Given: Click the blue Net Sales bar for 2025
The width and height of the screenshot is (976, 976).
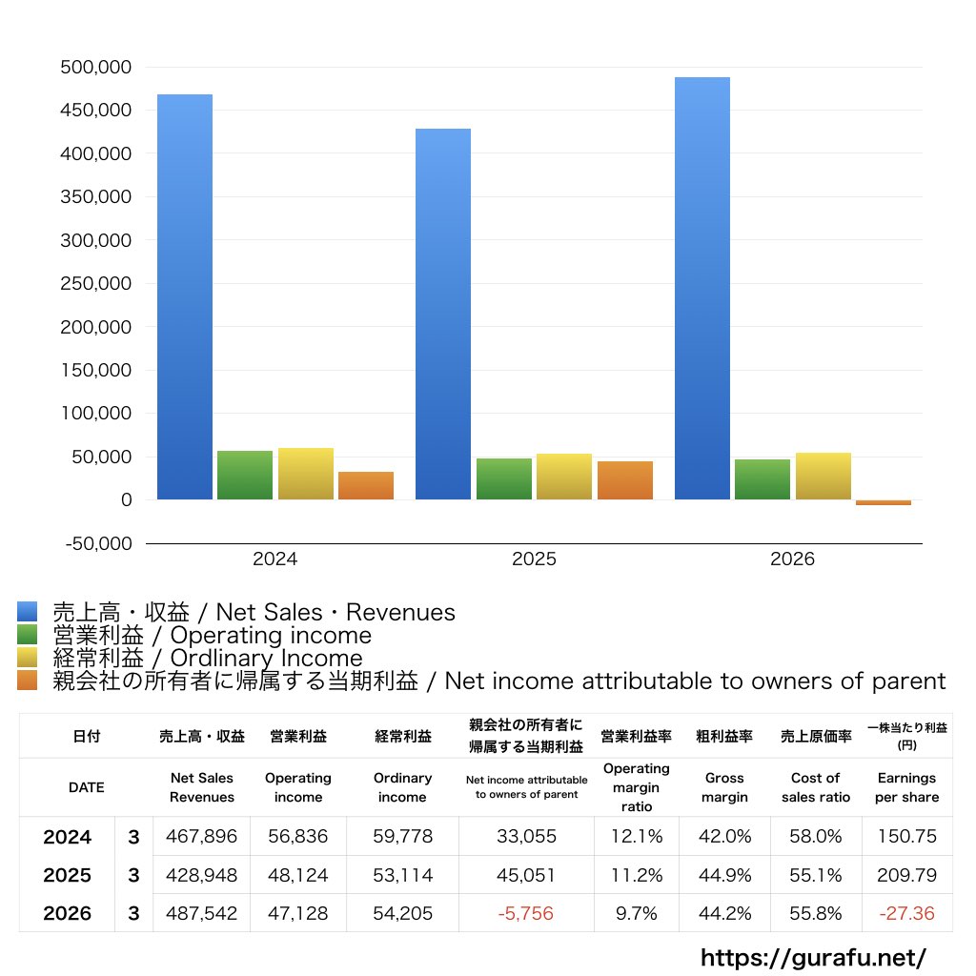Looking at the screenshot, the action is [443, 314].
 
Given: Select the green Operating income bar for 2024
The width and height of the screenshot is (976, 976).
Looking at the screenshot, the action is [245, 475].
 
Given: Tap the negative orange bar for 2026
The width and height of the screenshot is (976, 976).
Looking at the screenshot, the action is [884, 502].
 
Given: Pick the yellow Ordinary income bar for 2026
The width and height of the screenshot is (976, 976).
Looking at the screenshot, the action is [823, 477].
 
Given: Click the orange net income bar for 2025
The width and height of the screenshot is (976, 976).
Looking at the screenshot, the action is [625, 480].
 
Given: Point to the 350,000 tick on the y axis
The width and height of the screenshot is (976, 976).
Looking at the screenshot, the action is [96, 196].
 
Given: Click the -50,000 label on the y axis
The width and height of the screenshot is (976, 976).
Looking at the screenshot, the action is [98, 543].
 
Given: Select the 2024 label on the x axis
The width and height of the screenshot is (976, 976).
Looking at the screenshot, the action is [274, 559].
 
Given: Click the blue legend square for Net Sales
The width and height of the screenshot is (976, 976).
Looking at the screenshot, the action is [28, 611].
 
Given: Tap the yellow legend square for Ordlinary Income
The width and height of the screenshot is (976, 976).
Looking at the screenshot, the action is [28, 658].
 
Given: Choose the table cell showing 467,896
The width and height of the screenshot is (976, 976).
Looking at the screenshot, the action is [202, 836].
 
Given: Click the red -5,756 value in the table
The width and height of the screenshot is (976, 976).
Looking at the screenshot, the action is [526, 913].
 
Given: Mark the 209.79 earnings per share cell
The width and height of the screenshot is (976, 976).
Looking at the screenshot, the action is [907, 875].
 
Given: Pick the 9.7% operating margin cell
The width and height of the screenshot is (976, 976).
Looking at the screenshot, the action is [636, 913].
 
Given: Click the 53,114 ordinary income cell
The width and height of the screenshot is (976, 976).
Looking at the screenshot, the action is [403, 875].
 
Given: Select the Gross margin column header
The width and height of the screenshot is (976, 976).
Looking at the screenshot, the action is [724, 787].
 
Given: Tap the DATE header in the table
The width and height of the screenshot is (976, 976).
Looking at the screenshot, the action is [87, 787].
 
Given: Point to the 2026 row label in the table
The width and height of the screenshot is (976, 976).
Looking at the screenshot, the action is [68, 913].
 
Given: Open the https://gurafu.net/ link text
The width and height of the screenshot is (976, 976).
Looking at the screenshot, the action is [813, 957].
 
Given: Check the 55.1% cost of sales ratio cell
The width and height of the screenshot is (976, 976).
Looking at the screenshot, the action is [816, 875].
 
